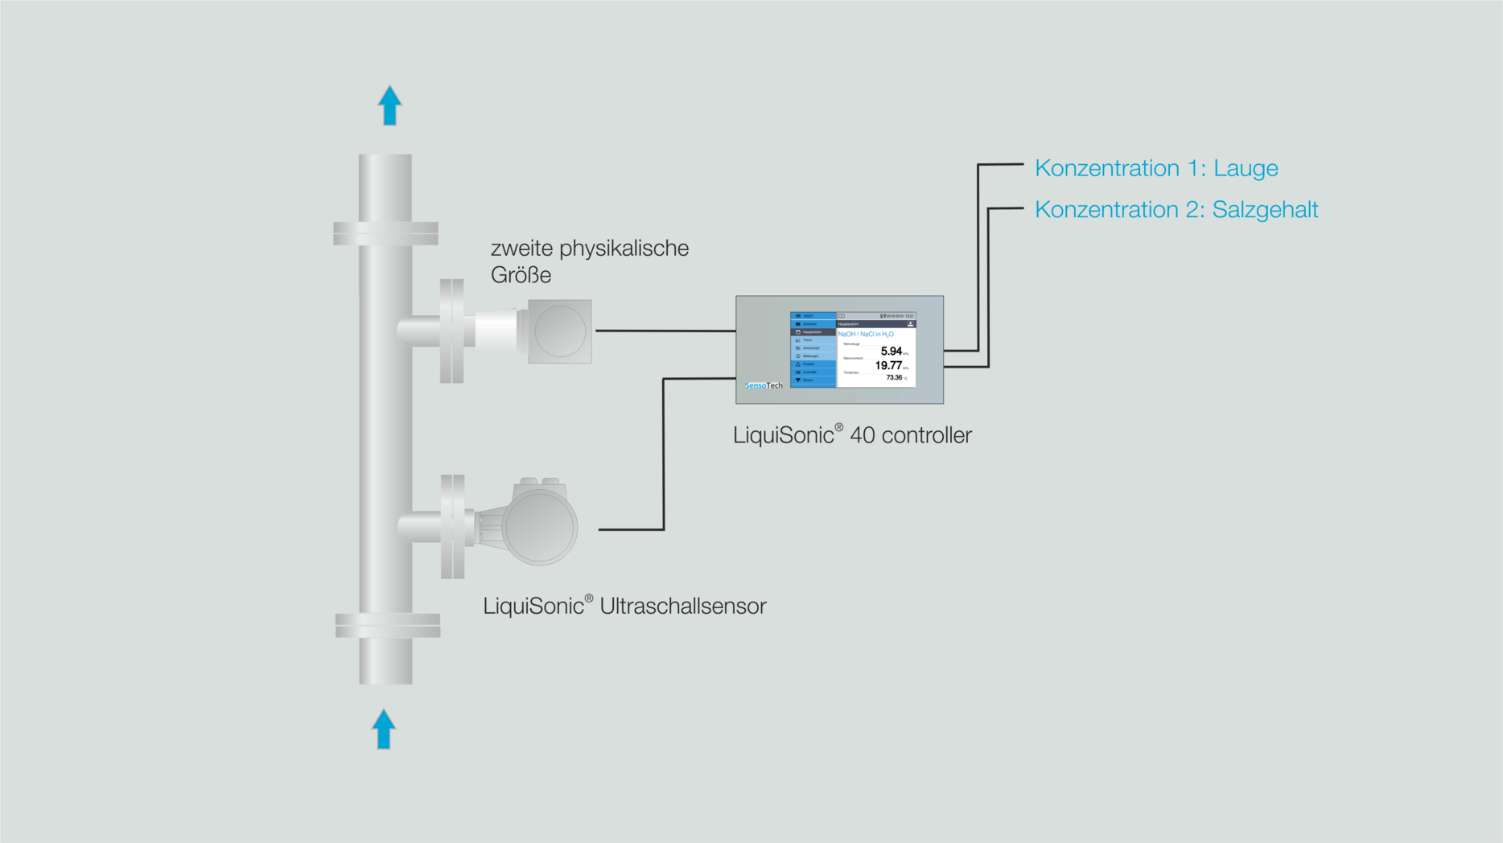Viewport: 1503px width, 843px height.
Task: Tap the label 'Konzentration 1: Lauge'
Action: (x=1155, y=168)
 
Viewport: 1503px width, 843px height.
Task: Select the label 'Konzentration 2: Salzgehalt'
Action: (x=1176, y=210)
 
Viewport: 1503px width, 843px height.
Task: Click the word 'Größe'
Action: (x=521, y=275)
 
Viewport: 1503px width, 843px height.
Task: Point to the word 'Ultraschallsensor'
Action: (x=682, y=606)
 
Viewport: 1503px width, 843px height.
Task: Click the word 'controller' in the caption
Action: (x=926, y=435)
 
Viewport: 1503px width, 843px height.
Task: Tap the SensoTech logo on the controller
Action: (x=763, y=385)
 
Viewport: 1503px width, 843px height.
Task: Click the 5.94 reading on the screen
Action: (x=891, y=352)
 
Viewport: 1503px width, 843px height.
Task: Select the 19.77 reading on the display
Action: (x=888, y=366)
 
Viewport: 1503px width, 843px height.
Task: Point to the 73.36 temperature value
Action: (x=893, y=377)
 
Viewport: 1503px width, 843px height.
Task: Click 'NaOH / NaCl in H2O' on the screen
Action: (x=866, y=334)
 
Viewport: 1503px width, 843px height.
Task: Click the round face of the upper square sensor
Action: (x=560, y=331)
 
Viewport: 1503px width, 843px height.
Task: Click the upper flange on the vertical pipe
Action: (x=385, y=233)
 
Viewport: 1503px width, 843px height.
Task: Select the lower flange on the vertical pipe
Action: (x=387, y=625)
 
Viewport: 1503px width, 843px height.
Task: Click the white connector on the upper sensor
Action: (x=496, y=331)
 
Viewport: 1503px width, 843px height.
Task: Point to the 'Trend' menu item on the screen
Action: (x=808, y=340)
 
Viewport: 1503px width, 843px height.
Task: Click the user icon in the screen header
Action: (x=910, y=324)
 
